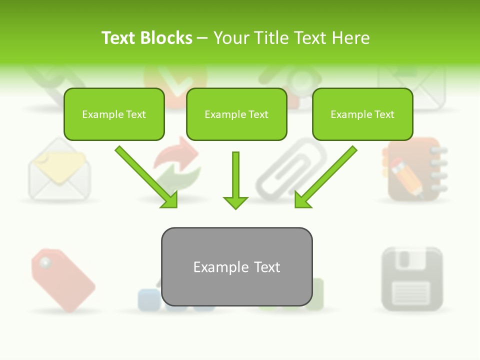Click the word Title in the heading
point(269,38)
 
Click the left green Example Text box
point(114,114)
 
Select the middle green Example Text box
point(236,114)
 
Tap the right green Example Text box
point(362,114)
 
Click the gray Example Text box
point(236,267)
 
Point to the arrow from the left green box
point(145,176)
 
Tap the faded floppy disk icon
point(412,278)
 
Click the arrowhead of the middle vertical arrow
point(235,202)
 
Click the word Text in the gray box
point(266,267)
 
